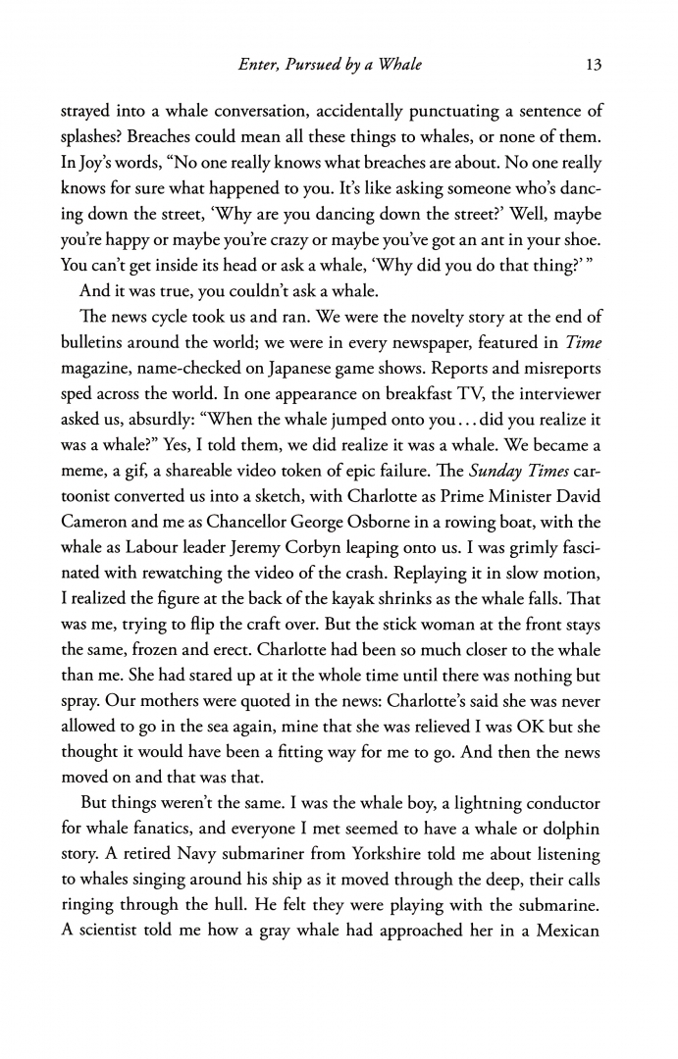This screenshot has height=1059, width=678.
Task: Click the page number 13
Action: coord(592,66)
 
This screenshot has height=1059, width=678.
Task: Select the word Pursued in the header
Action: coord(319,66)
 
